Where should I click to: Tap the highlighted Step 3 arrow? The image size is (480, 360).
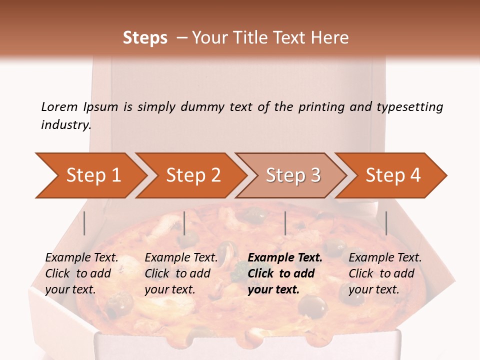pyautogui.click(x=293, y=175)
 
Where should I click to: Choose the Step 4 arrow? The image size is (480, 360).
pyautogui.click(x=393, y=175)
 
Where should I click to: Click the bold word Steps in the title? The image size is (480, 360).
pyautogui.click(x=145, y=37)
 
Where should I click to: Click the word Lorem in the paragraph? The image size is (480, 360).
pyautogui.click(x=59, y=106)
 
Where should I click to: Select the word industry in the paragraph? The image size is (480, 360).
pyautogui.click(x=66, y=124)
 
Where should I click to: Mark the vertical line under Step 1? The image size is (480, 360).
pyautogui.click(x=84, y=223)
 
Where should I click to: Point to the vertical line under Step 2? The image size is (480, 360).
pyautogui.click(x=184, y=223)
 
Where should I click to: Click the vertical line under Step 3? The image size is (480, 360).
pyautogui.click(x=285, y=223)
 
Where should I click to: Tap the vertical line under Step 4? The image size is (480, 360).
pyautogui.click(x=386, y=223)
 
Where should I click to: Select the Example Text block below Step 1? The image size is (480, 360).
pyautogui.click(x=81, y=273)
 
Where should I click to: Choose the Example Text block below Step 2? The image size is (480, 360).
pyautogui.click(x=181, y=273)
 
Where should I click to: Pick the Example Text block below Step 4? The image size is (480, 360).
pyautogui.click(x=385, y=273)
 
